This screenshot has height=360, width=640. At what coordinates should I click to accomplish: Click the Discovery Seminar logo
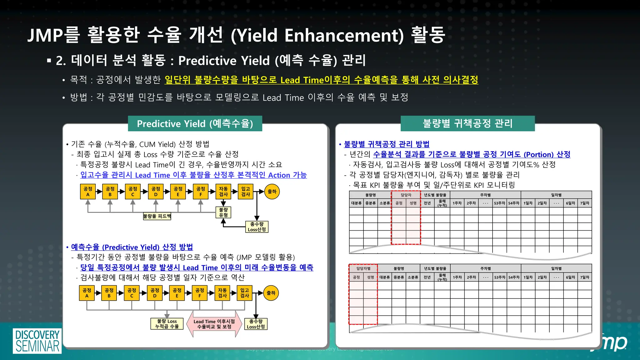[x=37, y=341]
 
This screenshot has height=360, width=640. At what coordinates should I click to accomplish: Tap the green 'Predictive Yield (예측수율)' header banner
[x=195, y=124]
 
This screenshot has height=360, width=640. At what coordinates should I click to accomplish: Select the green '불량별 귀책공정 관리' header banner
[x=467, y=123]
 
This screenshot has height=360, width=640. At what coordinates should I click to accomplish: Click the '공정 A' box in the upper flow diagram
[x=88, y=192]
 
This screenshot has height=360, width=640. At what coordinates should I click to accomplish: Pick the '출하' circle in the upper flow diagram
[x=272, y=192]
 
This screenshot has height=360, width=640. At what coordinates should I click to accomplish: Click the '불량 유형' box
[x=223, y=212]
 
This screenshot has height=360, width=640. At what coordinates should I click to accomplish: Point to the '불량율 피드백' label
[x=157, y=216]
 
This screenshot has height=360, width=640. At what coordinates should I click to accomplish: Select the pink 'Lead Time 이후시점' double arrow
[x=214, y=324]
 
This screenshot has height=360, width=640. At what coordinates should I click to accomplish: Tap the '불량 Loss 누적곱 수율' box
[x=167, y=324]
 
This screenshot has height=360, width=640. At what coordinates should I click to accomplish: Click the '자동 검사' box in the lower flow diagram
[x=222, y=293]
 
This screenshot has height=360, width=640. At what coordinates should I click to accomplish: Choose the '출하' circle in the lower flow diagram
[x=271, y=293]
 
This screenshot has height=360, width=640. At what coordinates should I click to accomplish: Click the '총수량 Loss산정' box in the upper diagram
[x=257, y=227]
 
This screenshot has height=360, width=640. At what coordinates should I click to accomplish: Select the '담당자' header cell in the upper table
[x=406, y=195]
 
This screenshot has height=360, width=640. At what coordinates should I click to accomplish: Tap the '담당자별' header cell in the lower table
[x=363, y=268]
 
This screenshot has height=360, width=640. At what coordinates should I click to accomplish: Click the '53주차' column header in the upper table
[x=499, y=203]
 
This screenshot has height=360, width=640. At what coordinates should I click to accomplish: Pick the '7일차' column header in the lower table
[x=584, y=277]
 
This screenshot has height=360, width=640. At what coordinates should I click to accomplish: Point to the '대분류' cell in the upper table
[x=356, y=203]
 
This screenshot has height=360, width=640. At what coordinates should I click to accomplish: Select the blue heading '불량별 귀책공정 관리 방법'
[x=386, y=144]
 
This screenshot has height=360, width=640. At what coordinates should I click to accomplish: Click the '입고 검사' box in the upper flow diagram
[x=246, y=192]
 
